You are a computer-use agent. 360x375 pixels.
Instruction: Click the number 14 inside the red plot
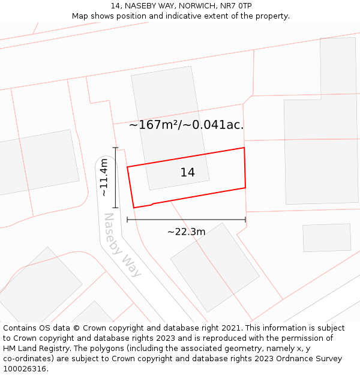(x=187, y=172)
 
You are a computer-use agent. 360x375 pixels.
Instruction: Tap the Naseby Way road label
(x=122, y=245)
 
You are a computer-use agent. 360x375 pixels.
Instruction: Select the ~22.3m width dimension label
(x=186, y=232)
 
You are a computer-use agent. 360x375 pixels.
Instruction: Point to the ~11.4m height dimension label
(x=104, y=177)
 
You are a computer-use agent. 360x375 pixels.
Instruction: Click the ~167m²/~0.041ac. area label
(x=186, y=125)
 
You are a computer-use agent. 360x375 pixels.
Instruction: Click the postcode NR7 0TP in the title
(x=236, y=6)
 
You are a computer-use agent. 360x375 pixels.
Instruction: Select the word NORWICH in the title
(x=196, y=6)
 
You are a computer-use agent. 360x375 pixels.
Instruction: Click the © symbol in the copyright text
(x=76, y=328)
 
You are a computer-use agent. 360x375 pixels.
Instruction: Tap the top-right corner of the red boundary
(x=244, y=148)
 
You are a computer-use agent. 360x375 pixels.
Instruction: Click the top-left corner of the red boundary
(x=127, y=167)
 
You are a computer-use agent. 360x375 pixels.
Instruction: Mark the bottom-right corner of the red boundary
(x=245, y=188)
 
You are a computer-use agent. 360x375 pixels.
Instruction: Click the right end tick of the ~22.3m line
(x=245, y=220)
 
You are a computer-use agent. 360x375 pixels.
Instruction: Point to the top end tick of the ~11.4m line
(x=115, y=148)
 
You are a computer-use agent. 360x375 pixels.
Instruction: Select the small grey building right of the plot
(x=326, y=238)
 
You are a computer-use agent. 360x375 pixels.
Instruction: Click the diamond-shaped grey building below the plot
(x=214, y=267)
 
